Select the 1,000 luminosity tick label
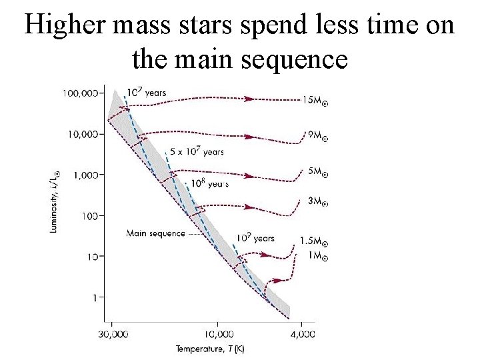click(87, 175)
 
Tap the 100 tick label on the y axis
click(91, 215)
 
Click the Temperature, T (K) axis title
click(210, 349)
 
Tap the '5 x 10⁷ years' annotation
click(197, 151)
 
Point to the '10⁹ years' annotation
click(255, 238)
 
